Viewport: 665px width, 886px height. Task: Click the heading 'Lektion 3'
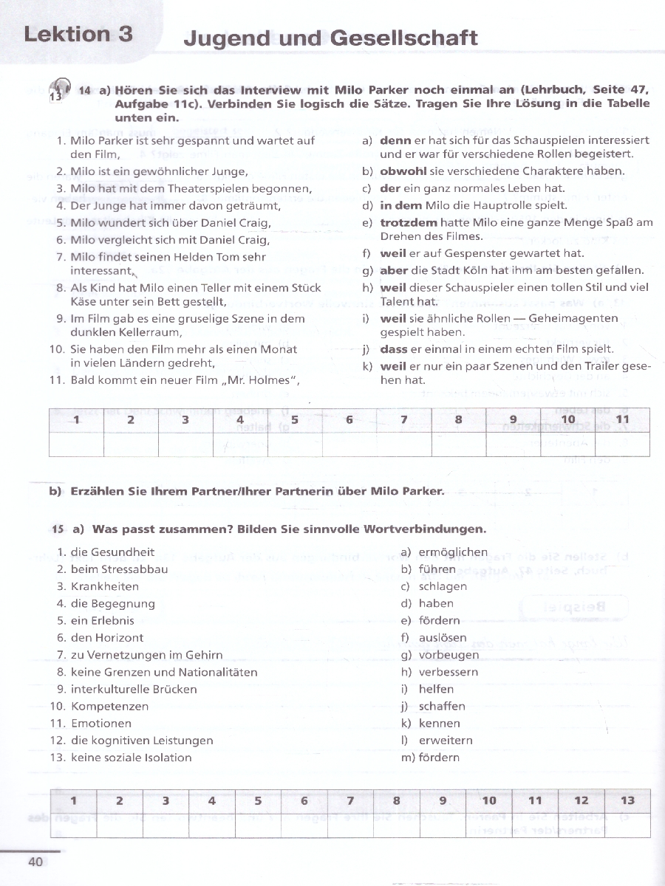click(78, 34)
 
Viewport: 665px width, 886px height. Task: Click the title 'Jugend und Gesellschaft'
click(330, 38)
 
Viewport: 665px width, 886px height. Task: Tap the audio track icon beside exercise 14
click(58, 90)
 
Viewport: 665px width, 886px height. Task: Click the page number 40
click(35, 862)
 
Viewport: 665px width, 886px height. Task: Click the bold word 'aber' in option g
click(393, 270)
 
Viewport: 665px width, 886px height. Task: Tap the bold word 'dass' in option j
click(394, 348)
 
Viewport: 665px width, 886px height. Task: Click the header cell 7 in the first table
click(404, 420)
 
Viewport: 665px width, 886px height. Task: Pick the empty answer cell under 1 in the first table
click(76, 444)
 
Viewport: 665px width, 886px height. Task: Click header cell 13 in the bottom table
click(627, 800)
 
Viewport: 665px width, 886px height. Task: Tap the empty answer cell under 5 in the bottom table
click(258, 825)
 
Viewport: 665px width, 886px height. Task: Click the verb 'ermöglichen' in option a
click(453, 552)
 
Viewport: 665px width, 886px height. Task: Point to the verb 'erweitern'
click(446, 741)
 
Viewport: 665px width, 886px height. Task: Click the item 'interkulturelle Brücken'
click(134, 689)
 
